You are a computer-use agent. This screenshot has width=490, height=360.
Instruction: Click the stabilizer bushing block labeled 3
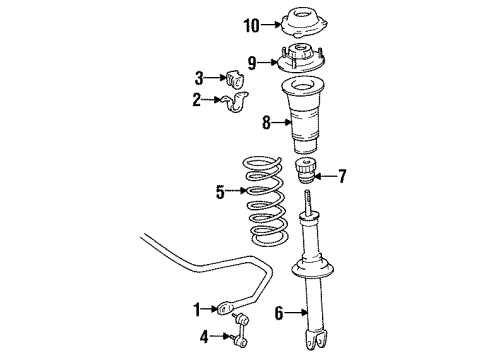click(x=235, y=78)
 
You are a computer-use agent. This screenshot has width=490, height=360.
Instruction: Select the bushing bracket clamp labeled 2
click(x=235, y=101)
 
